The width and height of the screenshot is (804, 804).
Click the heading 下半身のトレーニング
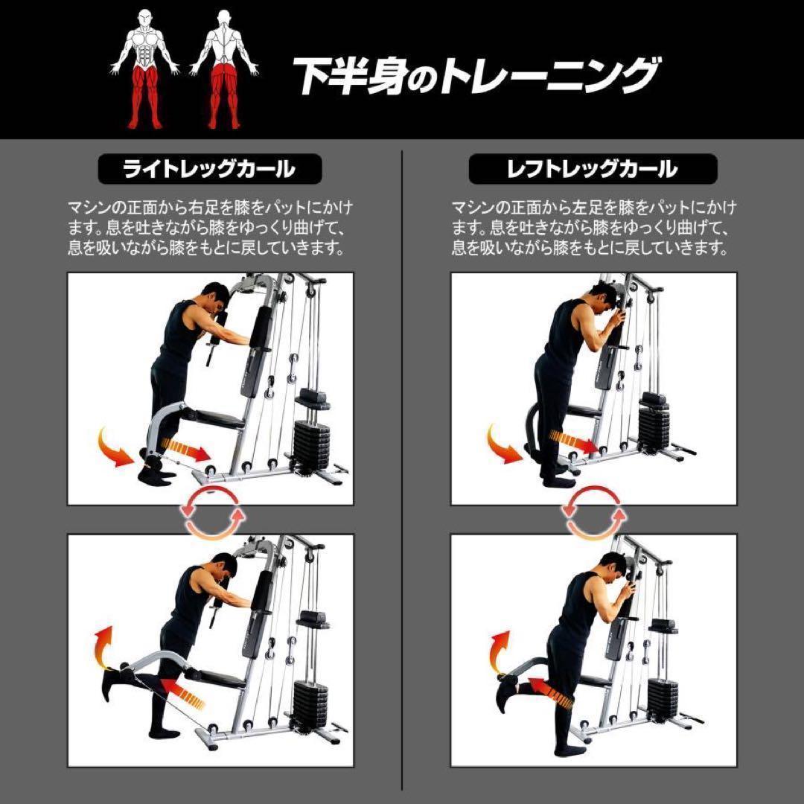(475, 76)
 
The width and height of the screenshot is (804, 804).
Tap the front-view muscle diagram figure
(145, 68)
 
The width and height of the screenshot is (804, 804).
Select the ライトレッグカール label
(209, 169)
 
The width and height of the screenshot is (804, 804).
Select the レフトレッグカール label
(593, 169)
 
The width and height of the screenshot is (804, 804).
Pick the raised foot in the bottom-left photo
(112, 682)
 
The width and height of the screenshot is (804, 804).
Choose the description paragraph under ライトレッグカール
(210, 227)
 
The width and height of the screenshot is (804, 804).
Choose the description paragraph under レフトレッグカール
(593, 227)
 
